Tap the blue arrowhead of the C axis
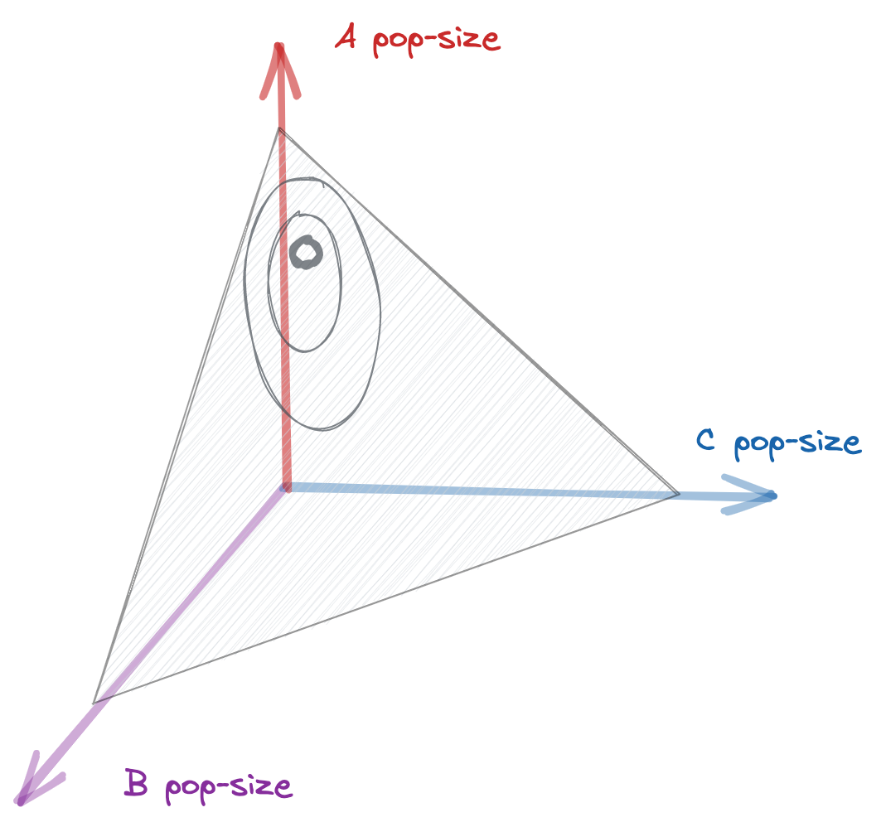tap(750, 496)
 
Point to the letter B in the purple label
tap(137, 783)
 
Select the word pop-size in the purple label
tap(229, 785)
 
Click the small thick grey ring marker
tap(305, 252)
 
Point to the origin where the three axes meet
tap(285, 489)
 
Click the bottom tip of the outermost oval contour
tap(327, 429)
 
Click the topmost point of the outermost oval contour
tap(311, 178)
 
